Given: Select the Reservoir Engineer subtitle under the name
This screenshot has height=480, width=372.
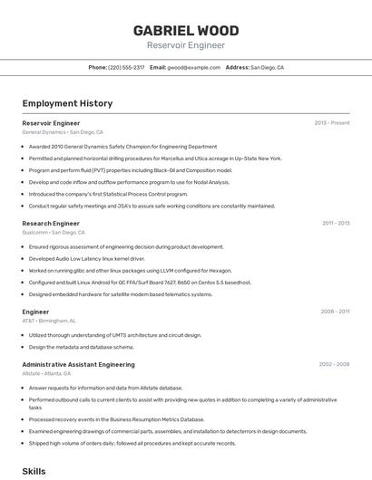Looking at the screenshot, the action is [186, 45].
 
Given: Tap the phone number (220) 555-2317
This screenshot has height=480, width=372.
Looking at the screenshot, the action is [126, 68].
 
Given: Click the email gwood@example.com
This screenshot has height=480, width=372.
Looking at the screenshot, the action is [193, 68].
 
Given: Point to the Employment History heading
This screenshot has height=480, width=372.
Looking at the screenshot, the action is [67, 103].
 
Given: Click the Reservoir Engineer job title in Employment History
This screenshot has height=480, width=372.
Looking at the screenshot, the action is [51, 123].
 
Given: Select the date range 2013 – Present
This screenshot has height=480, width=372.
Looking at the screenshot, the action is [332, 123].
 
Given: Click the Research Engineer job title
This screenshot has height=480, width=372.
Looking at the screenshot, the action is [51, 223].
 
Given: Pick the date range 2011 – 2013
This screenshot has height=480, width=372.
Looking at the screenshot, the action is [336, 223].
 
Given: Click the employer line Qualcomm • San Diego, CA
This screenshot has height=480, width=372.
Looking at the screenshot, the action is [54, 233].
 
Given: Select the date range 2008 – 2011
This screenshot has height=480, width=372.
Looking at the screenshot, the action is [335, 312].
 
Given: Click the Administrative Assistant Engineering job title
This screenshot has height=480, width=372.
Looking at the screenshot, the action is [78, 365].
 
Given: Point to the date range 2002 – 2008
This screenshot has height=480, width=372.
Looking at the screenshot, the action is [334, 365].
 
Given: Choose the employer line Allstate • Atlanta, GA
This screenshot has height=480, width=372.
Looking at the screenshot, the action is [46, 374].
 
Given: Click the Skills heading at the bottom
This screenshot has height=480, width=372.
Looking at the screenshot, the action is [34, 472].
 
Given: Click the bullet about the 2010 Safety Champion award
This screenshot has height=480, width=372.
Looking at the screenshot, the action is [122, 146].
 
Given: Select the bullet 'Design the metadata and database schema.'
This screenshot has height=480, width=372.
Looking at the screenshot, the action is [81, 347].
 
